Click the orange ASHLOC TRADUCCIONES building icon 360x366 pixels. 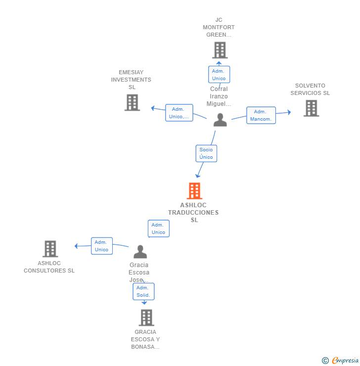(194, 191)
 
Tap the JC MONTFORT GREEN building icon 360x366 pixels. (220, 50)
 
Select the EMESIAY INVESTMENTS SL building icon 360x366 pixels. (132, 102)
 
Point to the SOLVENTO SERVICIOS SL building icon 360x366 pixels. (311, 108)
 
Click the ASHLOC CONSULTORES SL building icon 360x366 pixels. (50, 249)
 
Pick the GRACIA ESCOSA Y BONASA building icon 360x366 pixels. (146, 318)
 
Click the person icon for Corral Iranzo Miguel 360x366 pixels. (220, 120)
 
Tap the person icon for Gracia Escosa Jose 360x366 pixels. (140, 252)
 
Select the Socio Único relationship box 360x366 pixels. (206, 153)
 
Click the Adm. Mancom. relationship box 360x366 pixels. (261, 115)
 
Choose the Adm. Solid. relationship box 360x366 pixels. (143, 291)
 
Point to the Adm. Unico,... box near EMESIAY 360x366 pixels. (179, 113)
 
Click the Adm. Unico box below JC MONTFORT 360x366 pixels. (219, 75)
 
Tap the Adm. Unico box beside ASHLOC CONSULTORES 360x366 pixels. (102, 246)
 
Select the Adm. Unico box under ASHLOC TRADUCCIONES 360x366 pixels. (159, 229)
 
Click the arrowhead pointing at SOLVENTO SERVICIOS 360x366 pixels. (289, 112)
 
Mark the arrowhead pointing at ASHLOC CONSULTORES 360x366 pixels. (76, 246)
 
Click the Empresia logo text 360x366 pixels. (345, 360)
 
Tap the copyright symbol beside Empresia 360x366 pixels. (325, 361)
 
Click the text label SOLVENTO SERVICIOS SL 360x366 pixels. (310, 90)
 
